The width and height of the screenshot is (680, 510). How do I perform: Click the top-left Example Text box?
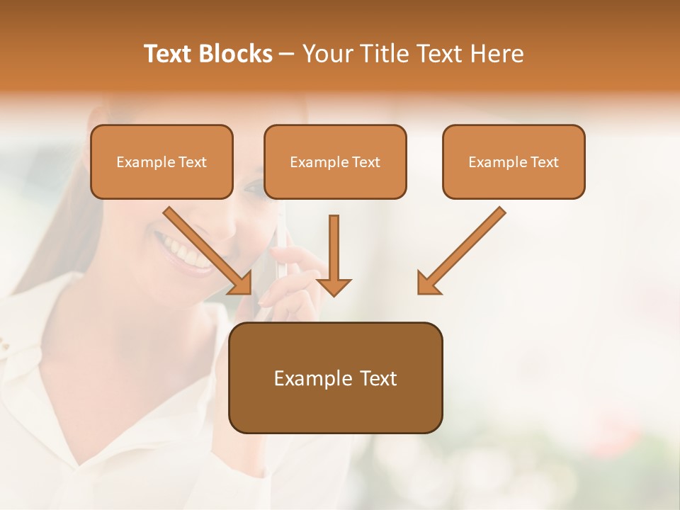tap(161, 162)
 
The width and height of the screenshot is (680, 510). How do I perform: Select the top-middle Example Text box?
tap(335, 162)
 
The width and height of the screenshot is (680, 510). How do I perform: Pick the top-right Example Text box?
tap(514, 162)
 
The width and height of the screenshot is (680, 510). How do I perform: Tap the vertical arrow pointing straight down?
tap(334, 255)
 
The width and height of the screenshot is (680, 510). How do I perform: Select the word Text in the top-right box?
tap(545, 162)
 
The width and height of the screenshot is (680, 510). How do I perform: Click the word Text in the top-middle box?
tap(366, 162)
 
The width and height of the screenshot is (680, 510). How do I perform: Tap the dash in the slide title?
tap(287, 54)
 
